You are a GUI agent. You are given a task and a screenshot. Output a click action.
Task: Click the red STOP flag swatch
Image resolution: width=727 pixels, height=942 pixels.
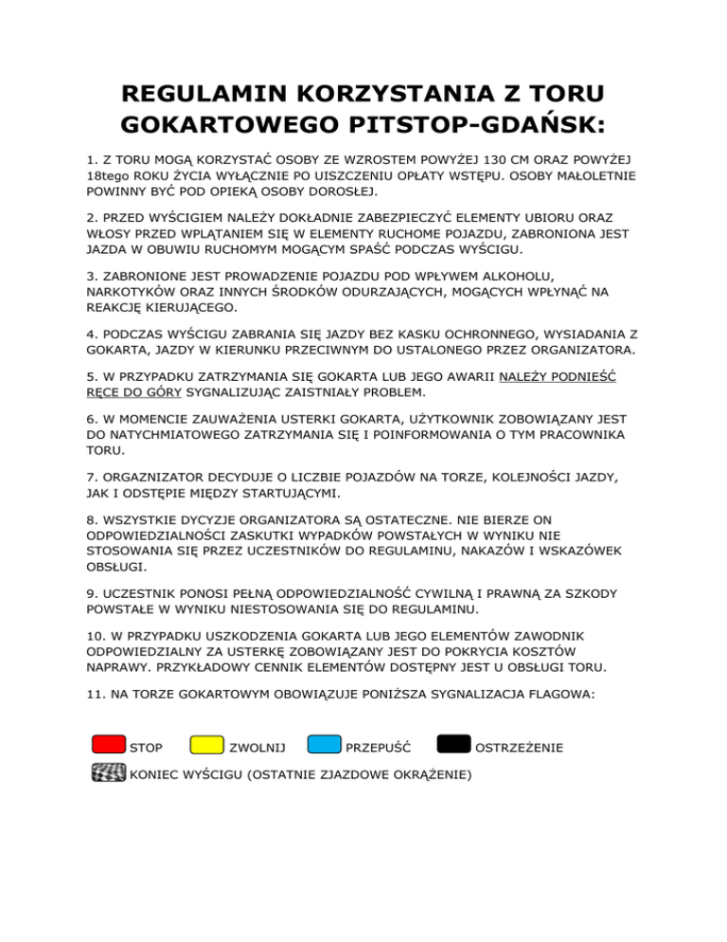point(108,746)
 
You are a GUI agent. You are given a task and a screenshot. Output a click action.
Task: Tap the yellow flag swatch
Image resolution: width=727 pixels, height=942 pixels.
point(207,746)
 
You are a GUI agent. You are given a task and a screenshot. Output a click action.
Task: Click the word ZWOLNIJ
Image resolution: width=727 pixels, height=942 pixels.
point(257,749)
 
